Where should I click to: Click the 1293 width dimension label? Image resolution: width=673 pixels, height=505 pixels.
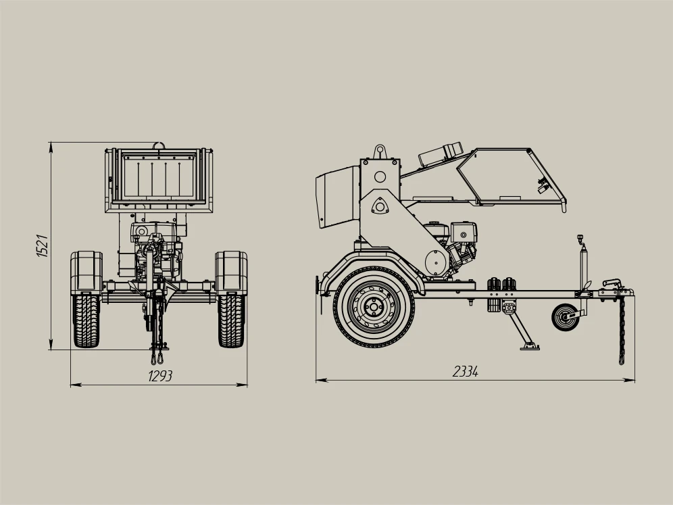pos(160,376)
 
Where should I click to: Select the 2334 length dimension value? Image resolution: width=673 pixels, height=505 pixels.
pos(466,371)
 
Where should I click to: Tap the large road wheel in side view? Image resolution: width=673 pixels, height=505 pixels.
pos(374,308)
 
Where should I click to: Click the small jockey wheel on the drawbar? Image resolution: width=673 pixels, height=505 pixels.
pos(565,317)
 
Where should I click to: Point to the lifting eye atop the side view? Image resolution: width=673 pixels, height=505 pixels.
pos(380,151)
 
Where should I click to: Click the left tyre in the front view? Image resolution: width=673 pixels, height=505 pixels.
pos(86,320)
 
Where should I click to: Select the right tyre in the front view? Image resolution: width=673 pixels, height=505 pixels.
pos(231,320)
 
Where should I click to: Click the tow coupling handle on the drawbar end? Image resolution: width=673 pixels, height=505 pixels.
pos(612,283)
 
